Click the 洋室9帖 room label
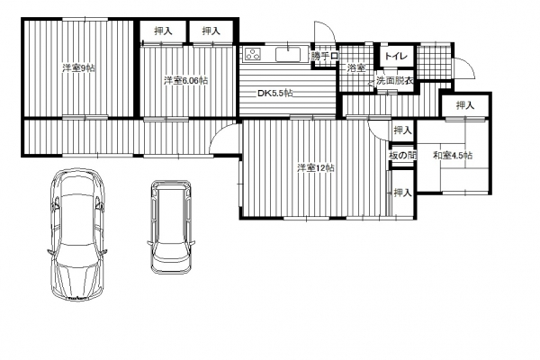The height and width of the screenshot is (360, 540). (79, 67)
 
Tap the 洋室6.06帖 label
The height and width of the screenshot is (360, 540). (185, 81)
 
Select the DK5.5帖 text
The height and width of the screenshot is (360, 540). (275, 93)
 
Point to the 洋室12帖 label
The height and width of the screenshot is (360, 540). (316, 168)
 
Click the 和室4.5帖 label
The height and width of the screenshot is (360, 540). (453, 156)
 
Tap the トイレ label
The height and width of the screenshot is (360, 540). (396, 56)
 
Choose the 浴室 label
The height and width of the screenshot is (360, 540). (356, 68)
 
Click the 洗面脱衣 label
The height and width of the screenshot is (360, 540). (395, 81)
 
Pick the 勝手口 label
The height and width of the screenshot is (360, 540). (325, 56)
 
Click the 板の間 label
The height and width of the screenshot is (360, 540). (402, 156)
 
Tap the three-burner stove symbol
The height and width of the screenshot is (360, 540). (253, 54)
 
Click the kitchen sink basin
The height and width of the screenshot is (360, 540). (288, 54)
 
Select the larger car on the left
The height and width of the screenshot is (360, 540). (76, 234)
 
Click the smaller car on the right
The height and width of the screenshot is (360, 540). (171, 226)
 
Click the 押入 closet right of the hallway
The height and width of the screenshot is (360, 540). (465, 105)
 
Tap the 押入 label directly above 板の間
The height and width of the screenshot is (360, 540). (402, 130)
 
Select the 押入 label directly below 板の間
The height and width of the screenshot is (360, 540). (402, 193)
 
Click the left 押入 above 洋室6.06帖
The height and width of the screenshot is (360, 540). (163, 31)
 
